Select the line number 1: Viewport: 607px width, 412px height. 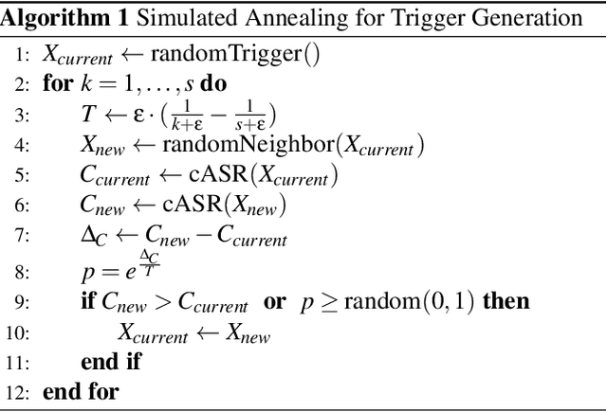coord(23,53)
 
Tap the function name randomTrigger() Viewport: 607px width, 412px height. coord(242,53)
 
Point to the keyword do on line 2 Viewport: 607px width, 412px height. coord(213,82)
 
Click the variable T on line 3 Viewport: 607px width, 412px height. coord(88,116)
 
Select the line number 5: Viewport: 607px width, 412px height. coord(23,177)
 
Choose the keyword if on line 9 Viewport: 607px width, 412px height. coord(88,301)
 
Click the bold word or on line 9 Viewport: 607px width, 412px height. coord(274,301)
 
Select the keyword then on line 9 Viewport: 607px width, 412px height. coord(506,301)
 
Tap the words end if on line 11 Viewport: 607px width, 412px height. coord(114,362)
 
